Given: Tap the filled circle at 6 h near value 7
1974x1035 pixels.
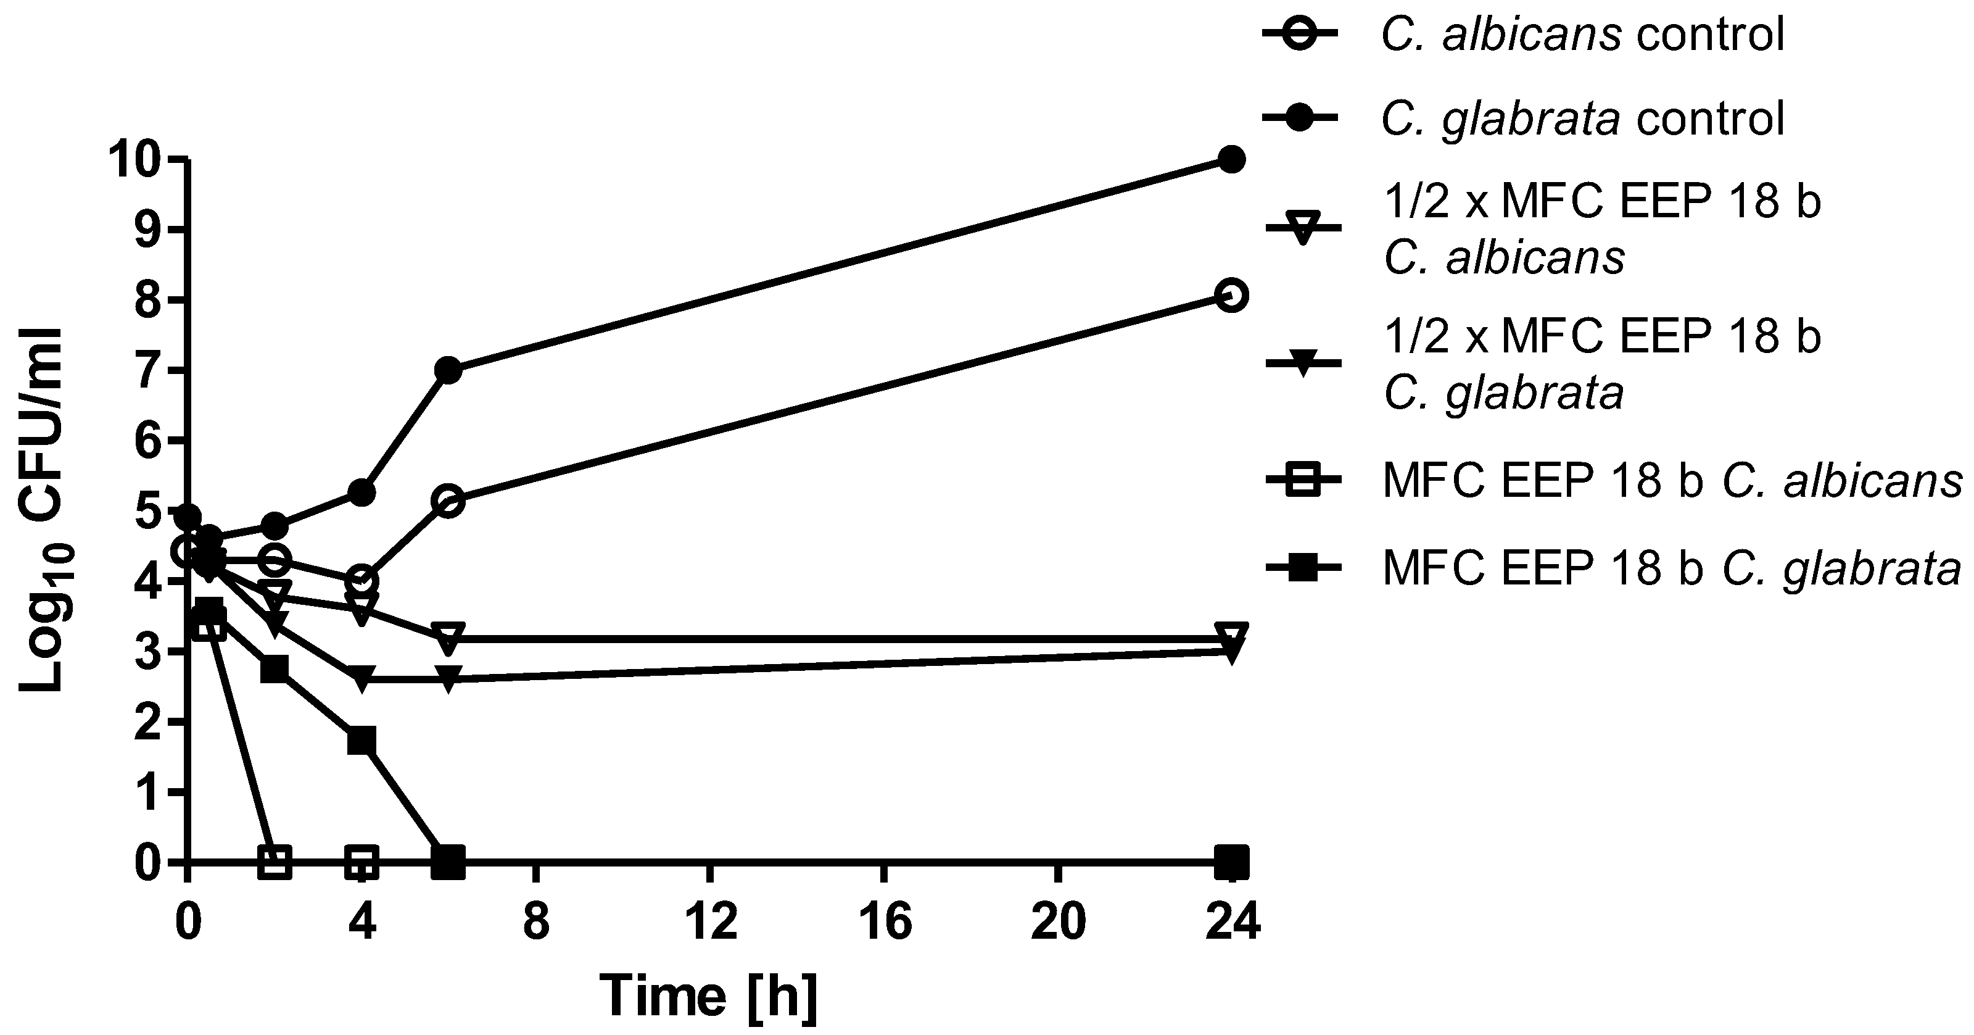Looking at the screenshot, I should click(448, 371).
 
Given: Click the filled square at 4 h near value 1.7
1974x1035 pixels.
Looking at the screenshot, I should click(361, 741).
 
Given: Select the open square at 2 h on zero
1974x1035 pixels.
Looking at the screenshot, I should click(275, 862).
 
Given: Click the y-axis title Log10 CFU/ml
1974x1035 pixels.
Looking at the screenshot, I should click(42, 510).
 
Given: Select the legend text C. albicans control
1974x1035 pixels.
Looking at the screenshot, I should click(1583, 35).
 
